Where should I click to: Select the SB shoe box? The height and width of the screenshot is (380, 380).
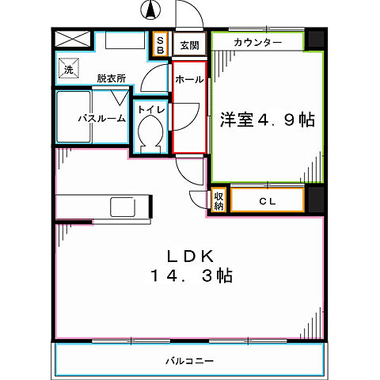(160, 44)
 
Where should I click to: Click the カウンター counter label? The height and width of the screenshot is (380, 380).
(257, 41)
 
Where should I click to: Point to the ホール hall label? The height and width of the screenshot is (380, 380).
(189, 80)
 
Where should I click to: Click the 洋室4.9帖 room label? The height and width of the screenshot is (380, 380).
(267, 120)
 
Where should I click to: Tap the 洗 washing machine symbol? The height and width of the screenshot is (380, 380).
(67, 70)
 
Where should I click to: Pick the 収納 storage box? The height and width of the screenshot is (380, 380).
(218, 200)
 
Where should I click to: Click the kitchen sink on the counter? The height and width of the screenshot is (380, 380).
(122, 207)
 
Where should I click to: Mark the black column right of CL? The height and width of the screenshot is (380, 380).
(315, 199)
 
